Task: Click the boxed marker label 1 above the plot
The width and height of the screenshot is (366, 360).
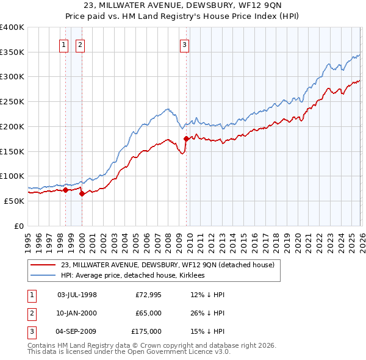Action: pos(64,44)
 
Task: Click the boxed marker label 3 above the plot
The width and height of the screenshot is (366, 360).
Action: pos(184,44)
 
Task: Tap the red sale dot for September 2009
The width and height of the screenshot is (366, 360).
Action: pos(186,139)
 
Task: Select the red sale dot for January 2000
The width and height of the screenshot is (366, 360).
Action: pos(82,193)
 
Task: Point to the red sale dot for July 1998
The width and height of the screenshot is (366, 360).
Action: pos(65,190)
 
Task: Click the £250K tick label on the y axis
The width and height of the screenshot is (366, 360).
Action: pos(12,101)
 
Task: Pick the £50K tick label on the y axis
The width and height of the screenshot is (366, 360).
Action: pos(14,201)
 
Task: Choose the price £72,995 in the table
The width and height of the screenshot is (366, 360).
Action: pos(146,295)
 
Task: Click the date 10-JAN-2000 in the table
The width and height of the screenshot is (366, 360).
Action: pos(77,313)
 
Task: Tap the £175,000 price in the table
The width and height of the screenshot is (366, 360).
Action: pos(146,331)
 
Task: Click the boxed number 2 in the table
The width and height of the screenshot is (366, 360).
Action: pos(30,313)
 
